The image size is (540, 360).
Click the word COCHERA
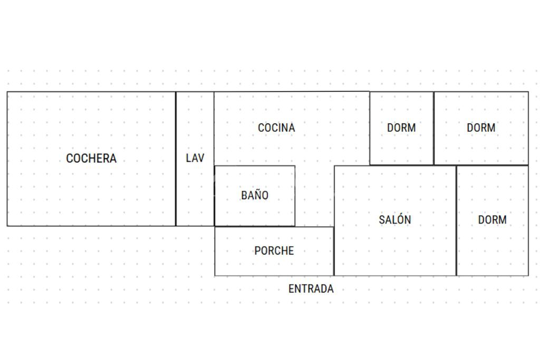click(91, 159)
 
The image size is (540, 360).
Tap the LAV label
click(195, 158)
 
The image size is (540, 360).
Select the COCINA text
click(276, 128)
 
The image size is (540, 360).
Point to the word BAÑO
click(255, 195)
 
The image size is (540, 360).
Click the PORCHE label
click(274, 251)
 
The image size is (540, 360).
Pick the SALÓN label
click(395, 220)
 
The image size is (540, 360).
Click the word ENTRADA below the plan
click(311, 289)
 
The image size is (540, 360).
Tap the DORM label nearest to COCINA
click(401, 128)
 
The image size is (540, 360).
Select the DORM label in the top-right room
click(481, 128)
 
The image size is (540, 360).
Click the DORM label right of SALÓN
click(492, 220)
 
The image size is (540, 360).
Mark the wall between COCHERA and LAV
click(176, 158)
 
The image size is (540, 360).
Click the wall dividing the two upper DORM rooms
click(434, 128)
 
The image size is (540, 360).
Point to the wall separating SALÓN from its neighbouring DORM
click(456, 220)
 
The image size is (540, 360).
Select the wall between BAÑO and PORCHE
click(255, 227)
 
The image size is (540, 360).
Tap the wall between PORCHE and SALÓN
click(334, 251)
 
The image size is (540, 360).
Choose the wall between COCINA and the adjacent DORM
click(369, 128)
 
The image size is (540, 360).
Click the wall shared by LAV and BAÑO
click(215, 196)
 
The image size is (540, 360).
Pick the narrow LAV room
click(195, 190)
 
